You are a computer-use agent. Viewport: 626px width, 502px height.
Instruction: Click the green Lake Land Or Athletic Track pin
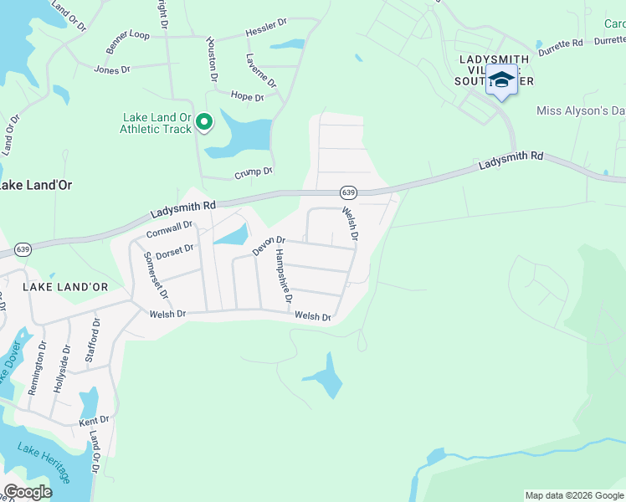[203, 124]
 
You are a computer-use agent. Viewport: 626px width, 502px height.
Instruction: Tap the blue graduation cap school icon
[501, 80]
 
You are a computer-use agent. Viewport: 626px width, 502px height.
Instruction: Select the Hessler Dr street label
[266, 33]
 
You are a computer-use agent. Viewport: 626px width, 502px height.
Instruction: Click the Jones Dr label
[112, 69]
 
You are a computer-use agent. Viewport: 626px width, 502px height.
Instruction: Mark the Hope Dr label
[247, 97]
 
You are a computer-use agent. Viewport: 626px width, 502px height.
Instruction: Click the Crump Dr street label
[254, 172]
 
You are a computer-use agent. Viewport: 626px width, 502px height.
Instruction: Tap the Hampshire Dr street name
[283, 276]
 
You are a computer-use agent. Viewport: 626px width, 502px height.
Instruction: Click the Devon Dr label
[269, 245]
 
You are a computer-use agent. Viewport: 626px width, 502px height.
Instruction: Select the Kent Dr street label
[94, 419]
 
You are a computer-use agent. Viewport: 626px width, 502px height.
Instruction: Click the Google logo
[28, 491]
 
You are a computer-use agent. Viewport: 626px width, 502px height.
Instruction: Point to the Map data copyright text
[574, 495]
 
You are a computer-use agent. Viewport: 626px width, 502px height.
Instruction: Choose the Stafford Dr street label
[92, 340]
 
